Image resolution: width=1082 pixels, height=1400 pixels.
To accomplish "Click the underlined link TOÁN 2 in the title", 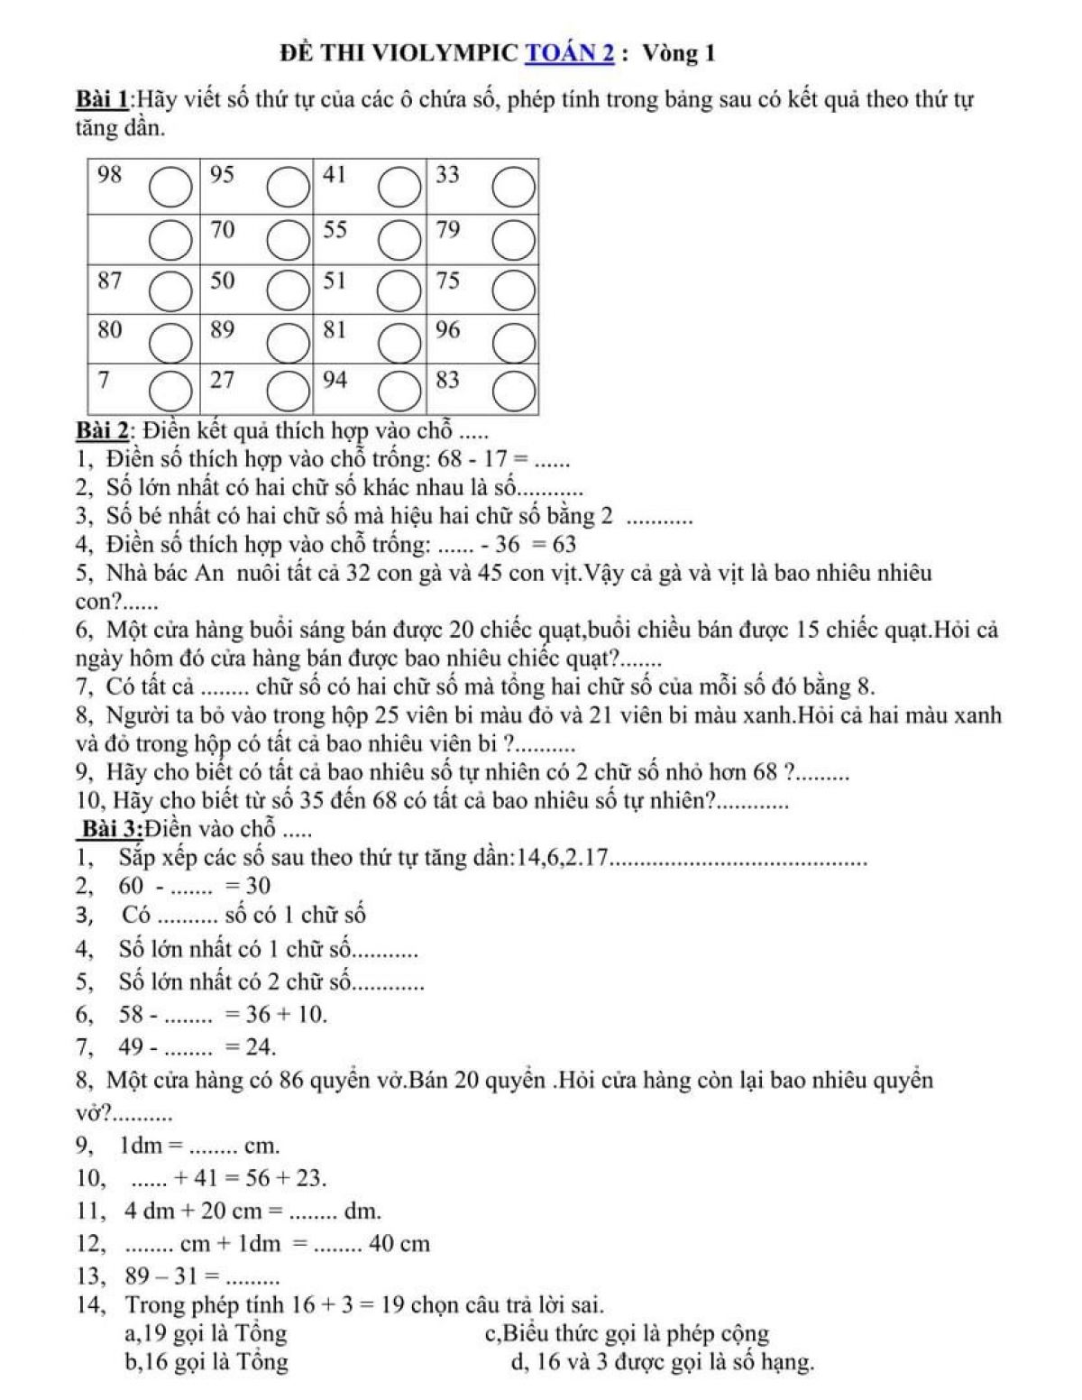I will (x=569, y=54).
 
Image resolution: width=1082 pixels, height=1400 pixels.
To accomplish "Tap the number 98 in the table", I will (x=109, y=176).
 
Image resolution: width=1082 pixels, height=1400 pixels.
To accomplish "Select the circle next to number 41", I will (x=399, y=189).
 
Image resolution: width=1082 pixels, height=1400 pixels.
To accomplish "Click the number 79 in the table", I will (x=448, y=230).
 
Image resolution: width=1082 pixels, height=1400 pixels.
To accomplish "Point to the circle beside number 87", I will (x=168, y=290).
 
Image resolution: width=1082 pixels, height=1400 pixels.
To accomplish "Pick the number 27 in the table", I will (x=222, y=380).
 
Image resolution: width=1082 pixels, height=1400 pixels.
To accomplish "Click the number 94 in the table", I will (x=335, y=380).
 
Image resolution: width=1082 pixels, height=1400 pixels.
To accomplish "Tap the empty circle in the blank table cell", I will (x=168, y=241).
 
